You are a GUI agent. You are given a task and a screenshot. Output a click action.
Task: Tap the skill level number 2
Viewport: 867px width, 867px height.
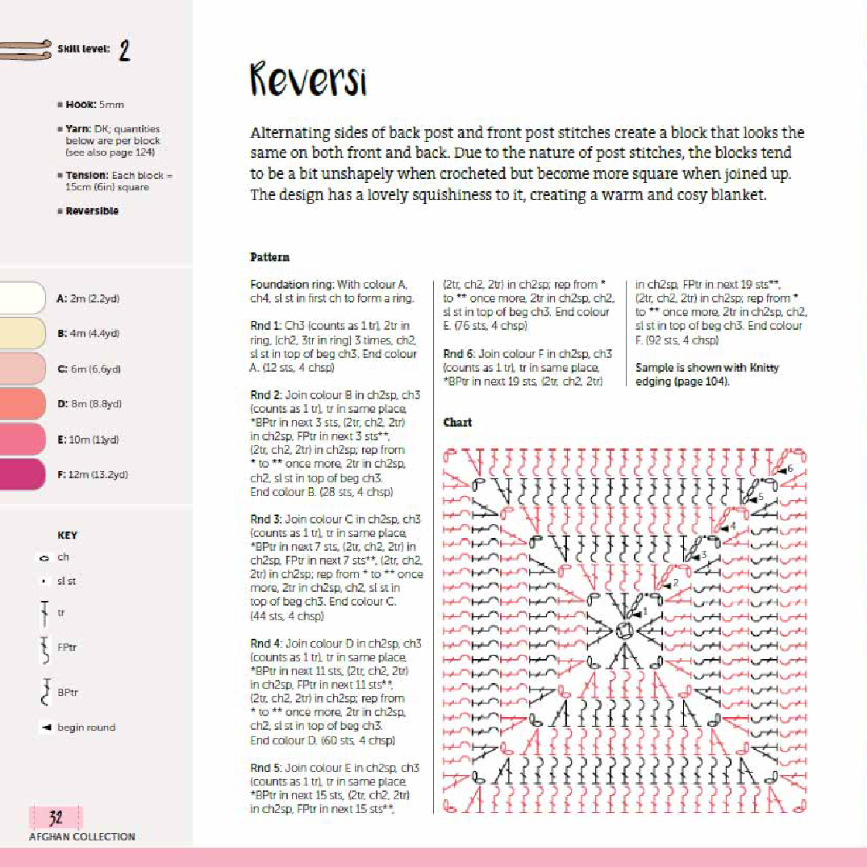coord(124,51)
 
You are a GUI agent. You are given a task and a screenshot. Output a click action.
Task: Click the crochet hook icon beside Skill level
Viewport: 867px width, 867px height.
coord(24,49)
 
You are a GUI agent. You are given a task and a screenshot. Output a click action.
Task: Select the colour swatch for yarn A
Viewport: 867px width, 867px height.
coord(22,298)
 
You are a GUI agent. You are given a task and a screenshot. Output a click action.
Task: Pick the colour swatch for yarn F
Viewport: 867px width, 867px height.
coord(22,474)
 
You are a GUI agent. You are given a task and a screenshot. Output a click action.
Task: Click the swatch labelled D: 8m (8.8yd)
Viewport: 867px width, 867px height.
coord(22,403)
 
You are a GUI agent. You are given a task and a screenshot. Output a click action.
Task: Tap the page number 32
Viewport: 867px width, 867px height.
coord(56,818)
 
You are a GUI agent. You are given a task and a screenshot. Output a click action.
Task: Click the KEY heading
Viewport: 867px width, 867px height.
coord(68,536)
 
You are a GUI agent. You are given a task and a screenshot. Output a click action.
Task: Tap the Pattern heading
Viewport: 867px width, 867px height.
coord(269,257)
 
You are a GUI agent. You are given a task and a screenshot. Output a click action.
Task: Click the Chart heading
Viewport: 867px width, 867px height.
coord(457,423)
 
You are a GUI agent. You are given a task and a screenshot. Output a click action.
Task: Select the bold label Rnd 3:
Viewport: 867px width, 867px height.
coord(266,519)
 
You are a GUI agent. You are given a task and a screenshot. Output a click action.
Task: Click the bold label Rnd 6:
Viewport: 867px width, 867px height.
coord(459,353)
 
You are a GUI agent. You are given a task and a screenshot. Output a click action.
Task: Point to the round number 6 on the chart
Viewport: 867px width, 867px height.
coord(790,469)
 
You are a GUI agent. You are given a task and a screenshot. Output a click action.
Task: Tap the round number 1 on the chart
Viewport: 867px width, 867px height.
coord(644,612)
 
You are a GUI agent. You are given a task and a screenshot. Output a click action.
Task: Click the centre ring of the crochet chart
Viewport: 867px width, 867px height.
coord(623,631)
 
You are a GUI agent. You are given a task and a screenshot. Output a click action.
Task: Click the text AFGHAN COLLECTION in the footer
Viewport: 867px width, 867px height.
coord(82,837)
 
